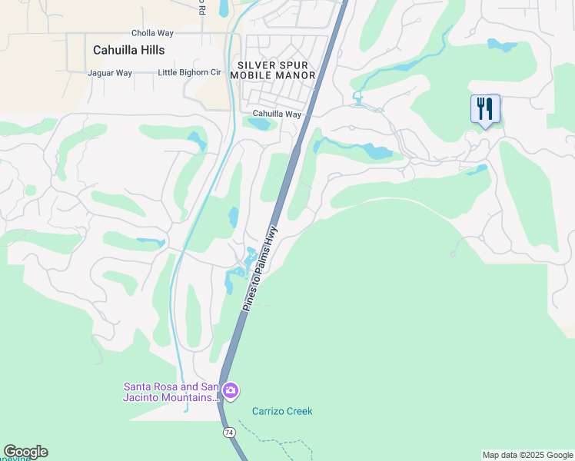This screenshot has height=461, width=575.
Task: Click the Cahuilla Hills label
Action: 129,50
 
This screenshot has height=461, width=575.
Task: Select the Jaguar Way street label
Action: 110,73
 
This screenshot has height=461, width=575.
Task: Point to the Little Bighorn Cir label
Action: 189,73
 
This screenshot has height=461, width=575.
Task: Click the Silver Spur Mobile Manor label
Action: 277,71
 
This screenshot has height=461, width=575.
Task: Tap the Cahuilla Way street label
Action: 278,114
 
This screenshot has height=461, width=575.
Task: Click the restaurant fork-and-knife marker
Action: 485,108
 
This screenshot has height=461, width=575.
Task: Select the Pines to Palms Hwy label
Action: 262,267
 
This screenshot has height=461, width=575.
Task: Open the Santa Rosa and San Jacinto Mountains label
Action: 171,392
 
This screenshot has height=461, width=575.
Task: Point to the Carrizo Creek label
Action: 282,411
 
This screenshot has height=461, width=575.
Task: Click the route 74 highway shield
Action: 229,433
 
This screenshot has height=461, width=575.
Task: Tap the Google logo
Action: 25,452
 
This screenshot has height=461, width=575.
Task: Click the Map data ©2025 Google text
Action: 527,455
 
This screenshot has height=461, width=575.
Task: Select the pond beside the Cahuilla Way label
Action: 259,124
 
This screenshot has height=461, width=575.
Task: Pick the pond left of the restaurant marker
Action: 502,45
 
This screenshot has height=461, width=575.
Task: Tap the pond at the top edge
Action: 224,8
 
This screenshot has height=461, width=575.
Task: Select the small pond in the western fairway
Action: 150,242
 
